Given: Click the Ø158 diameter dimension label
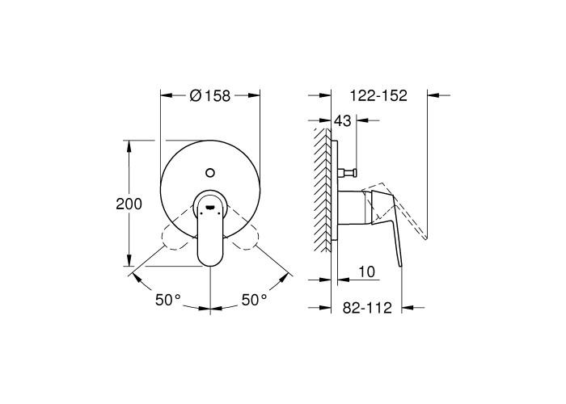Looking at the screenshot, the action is pos(209,95).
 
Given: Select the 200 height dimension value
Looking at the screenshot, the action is pos(129,204).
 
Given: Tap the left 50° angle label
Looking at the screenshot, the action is pos(167,300).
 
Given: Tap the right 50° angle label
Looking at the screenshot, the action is pos(254,300).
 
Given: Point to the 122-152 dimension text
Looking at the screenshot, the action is pos(378,95).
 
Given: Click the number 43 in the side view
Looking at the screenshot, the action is pos(342,121).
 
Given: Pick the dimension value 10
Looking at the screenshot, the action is pos(367,271).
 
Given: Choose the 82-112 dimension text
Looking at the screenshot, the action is pos(367,308).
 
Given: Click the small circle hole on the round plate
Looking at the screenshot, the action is pos(210,172).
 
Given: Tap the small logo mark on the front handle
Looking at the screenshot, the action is pos(210,207).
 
